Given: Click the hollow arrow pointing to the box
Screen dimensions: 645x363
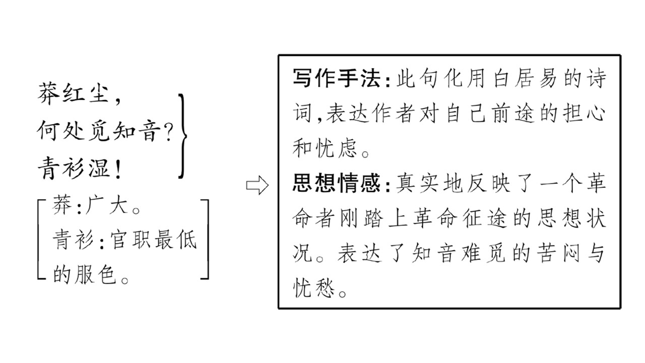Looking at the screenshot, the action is click(x=257, y=185).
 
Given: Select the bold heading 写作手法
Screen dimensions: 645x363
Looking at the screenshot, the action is click(x=336, y=78).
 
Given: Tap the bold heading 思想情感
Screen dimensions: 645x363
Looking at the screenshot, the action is click(x=336, y=183).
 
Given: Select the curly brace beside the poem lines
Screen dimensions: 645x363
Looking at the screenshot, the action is click(x=182, y=136).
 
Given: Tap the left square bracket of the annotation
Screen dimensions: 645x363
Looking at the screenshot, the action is click(x=42, y=239).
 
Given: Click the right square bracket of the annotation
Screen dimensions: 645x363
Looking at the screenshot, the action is click(x=205, y=239).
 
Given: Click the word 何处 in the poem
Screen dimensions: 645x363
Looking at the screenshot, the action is click(x=60, y=131).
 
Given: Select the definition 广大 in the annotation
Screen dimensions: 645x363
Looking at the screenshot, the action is click(x=106, y=205).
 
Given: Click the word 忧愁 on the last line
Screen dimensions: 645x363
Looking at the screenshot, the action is click(x=313, y=288).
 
